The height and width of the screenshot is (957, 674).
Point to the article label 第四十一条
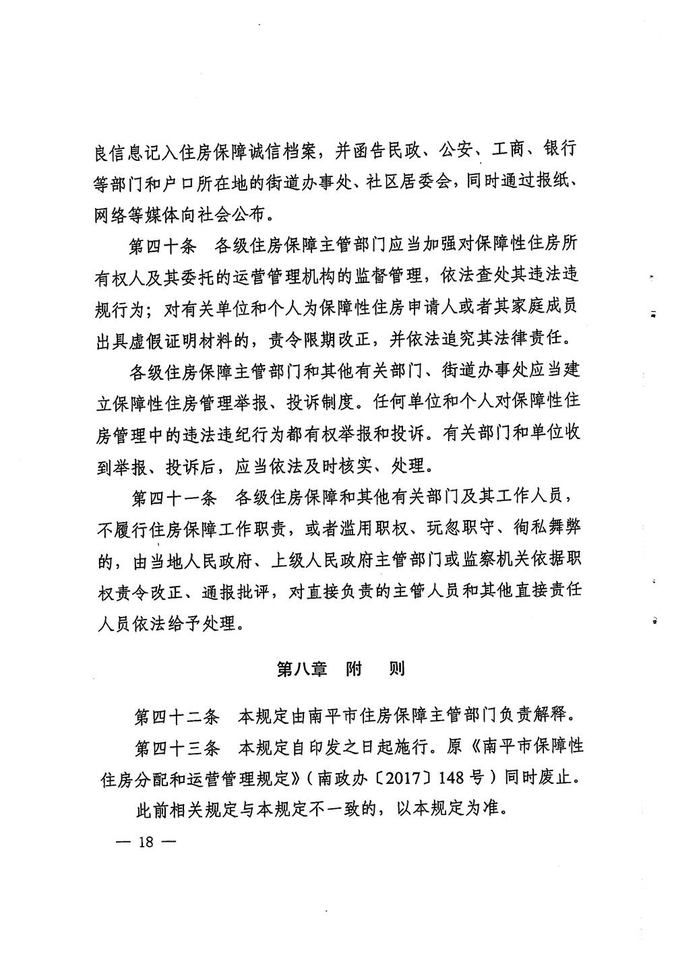pos(173,498)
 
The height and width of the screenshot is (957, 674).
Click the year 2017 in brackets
pos(403,779)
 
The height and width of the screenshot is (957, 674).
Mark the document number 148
pos(451,779)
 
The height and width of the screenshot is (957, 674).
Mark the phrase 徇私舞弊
pos(547,529)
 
